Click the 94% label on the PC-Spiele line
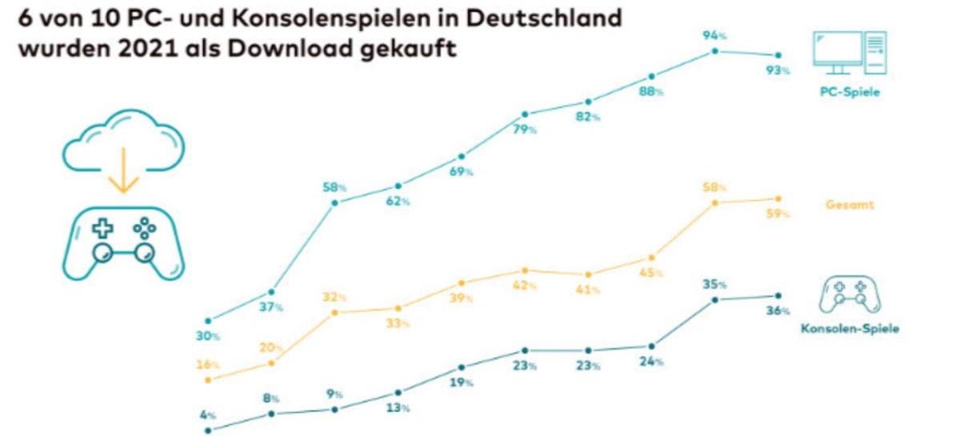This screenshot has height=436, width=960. (x=714, y=35)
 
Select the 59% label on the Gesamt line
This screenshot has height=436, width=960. (x=778, y=214)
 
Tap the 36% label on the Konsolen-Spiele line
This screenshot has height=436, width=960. (x=778, y=310)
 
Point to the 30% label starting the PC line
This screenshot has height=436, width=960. (x=208, y=337)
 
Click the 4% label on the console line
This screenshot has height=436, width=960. (x=208, y=414)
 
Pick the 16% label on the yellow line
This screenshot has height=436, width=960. (x=208, y=364)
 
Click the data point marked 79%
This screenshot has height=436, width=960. (x=525, y=114)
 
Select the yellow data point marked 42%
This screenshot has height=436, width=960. (x=525, y=270)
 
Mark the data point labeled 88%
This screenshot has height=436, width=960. (x=652, y=77)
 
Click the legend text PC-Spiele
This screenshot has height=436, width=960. (x=849, y=93)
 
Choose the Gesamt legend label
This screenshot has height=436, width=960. (x=850, y=205)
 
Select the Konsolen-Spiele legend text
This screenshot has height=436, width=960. (x=849, y=329)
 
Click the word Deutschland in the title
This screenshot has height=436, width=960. (x=545, y=18)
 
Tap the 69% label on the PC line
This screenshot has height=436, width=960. (x=462, y=172)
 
